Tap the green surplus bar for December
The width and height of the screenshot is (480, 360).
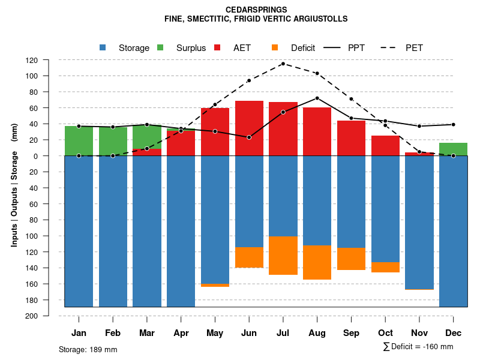(453, 149)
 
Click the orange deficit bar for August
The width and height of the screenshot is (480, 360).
(317, 262)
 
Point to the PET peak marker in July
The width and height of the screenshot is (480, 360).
(283, 64)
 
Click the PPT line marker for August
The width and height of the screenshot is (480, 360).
(317, 98)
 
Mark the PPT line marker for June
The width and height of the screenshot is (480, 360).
(249, 137)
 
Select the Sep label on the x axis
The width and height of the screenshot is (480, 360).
(351, 333)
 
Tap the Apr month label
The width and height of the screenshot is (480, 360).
(181, 333)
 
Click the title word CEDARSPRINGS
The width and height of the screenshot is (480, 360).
(256, 10)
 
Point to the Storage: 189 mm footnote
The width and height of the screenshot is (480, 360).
(88, 349)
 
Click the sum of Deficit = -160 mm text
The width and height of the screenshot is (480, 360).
(418, 347)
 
